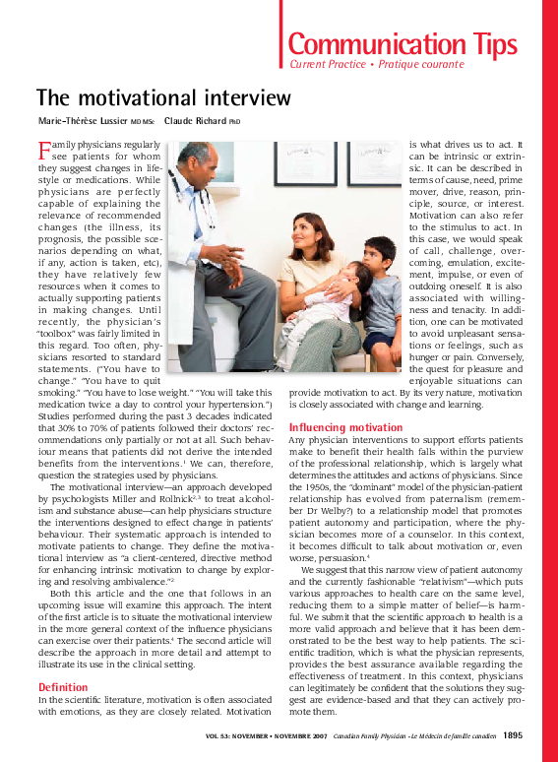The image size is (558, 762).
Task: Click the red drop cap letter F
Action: click(43, 151)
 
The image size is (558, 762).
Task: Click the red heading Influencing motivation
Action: click(345, 427)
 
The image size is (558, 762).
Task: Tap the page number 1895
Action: click(512, 734)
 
